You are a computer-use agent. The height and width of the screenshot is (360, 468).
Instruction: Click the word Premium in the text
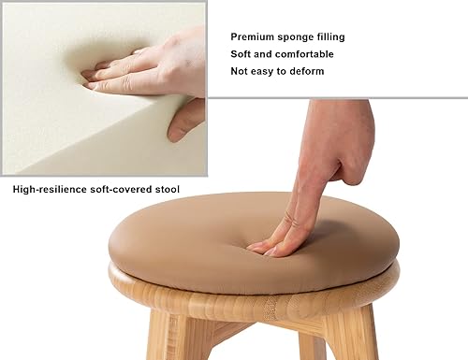click(x=252, y=37)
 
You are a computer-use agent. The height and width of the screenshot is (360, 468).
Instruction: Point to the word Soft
click(x=241, y=54)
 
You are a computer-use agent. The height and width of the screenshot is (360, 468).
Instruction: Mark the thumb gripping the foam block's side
click(x=185, y=120)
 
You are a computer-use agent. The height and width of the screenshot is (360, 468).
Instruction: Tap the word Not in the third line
click(x=241, y=71)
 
